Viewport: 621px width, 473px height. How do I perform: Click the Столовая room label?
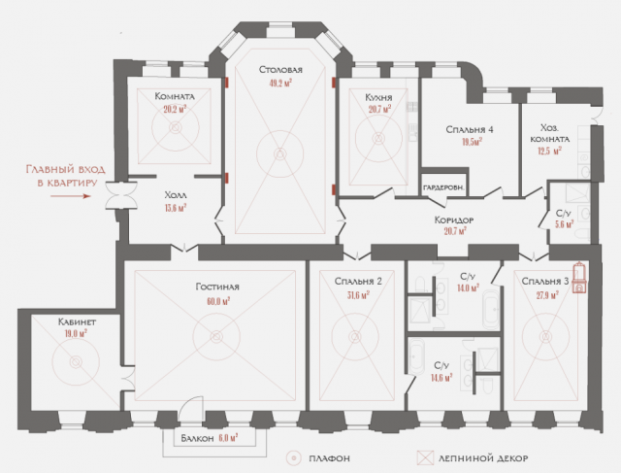[280, 70]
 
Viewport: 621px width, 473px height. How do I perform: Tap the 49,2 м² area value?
[280, 83]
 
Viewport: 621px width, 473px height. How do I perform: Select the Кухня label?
[378, 97]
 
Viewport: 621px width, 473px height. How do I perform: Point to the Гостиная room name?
[217, 287]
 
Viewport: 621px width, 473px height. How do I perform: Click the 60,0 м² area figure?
[218, 301]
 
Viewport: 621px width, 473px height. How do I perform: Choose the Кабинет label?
[77, 321]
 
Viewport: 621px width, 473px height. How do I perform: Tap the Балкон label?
[197, 438]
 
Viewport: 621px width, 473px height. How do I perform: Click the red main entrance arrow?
[71, 196]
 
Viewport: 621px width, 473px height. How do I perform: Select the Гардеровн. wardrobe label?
[443, 187]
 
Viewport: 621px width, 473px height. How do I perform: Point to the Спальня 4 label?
[470, 129]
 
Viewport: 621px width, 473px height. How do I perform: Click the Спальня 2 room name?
[358, 281]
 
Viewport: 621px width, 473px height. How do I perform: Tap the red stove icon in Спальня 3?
[579, 277]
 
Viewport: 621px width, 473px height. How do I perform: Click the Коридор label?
[454, 220]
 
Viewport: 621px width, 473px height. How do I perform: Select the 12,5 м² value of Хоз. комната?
[550, 152]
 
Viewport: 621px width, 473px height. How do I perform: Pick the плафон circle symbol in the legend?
[294, 458]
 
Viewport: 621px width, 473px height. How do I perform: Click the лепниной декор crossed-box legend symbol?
[425, 458]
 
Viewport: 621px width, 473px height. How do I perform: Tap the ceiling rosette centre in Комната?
[175, 127]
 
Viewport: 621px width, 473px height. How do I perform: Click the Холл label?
[176, 195]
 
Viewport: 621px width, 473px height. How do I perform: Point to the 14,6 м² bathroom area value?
[441, 378]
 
